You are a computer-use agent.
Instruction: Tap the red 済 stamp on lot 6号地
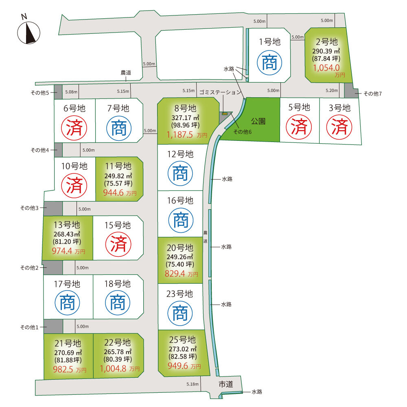[74, 128]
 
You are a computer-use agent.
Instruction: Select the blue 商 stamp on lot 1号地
[269, 63]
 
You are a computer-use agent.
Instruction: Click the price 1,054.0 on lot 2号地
[326, 68]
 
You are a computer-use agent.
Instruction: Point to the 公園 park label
[258, 121]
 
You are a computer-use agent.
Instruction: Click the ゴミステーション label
[220, 92]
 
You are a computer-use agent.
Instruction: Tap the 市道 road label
[226, 384]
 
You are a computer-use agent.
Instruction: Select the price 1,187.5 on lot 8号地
[179, 135]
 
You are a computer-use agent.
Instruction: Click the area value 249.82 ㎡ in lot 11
[118, 176]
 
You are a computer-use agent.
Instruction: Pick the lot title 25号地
[182, 339]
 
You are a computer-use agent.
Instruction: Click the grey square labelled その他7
[351, 91]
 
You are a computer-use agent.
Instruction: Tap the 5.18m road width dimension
[193, 384]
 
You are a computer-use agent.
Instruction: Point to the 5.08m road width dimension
[71, 92]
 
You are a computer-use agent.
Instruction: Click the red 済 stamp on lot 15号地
[118, 244]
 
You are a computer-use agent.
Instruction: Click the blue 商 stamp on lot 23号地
[180, 313]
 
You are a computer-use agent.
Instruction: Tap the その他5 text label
[40, 93]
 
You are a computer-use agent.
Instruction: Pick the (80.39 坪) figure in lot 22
[118, 359]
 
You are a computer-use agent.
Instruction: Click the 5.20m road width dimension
[332, 90]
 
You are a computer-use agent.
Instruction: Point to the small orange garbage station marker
[225, 114]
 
